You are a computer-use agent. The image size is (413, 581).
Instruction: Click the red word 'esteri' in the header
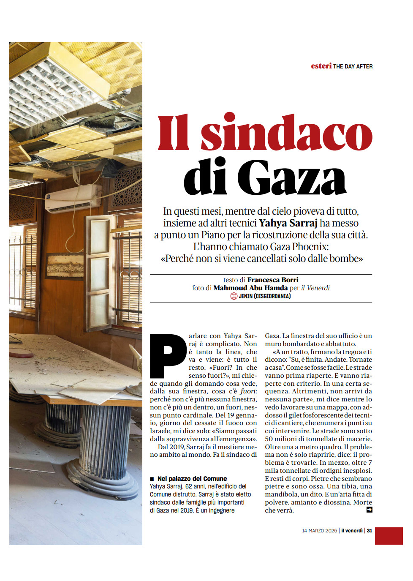[321, 66]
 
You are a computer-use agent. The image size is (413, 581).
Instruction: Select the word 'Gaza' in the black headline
[291, 177]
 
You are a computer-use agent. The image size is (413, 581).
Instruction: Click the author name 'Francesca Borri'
[273, 280]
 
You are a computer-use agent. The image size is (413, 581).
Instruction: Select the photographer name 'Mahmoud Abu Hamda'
[250, 288]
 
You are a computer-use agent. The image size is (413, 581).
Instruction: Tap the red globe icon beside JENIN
[234, 296]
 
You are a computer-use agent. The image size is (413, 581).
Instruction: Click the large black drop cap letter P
[168, 355]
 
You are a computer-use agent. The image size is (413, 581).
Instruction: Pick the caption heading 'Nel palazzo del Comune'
[192, 479]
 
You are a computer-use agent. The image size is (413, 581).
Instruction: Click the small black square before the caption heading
[152, 479]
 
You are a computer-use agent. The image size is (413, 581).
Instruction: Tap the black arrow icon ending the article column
[369, 510]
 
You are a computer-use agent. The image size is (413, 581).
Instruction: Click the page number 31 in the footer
[370, 531]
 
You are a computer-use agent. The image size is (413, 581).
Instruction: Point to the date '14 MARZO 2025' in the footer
[319, 531]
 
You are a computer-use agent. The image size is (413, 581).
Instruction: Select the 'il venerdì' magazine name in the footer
[352, 531]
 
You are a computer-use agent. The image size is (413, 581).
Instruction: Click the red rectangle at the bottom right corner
[389, 536]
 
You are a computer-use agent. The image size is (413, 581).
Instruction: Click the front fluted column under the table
[103, 452]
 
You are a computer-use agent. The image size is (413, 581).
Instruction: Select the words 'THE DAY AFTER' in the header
[353, 66]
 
